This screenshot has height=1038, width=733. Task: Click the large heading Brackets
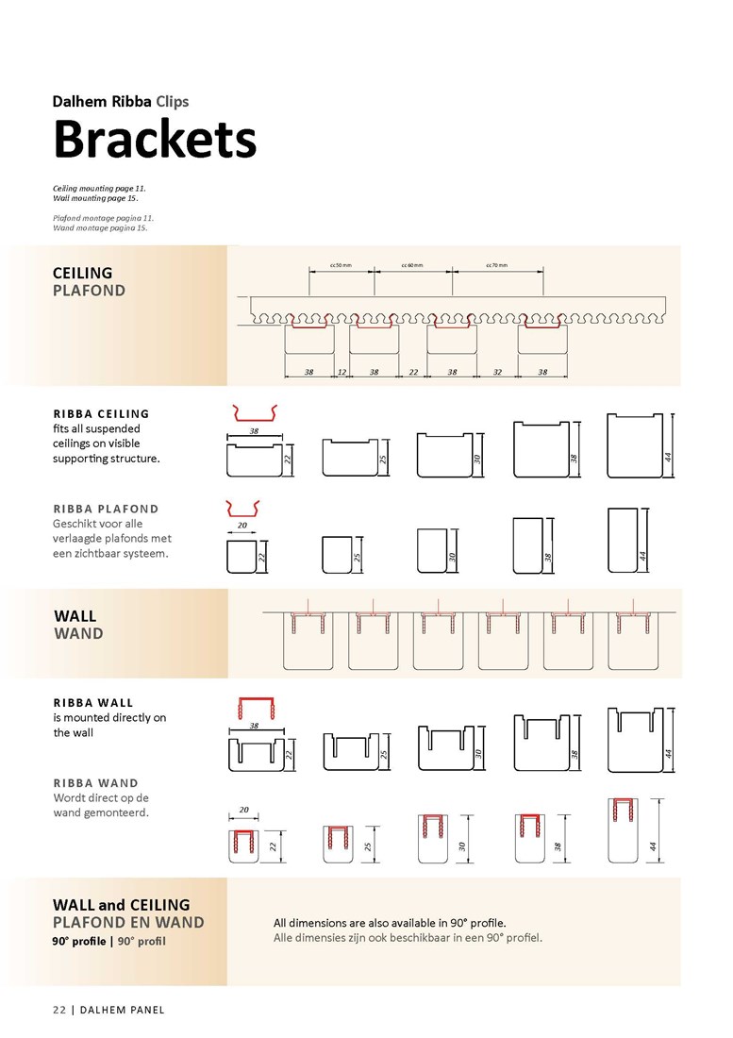(154, 139)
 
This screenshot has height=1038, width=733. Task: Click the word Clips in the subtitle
(173, 101)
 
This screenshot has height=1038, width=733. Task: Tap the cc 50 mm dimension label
(341, 265)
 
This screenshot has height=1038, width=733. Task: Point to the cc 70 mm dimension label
(497, 265)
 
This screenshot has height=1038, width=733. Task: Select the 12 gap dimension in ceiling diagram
(342, 372)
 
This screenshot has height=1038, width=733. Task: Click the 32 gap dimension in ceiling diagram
(497, 372)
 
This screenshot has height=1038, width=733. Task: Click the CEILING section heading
(83, 273)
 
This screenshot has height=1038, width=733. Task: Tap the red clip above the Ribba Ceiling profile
(255, 413)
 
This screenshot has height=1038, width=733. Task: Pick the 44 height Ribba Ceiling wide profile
(635, 445)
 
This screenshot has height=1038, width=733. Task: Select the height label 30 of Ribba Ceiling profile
(477, 458)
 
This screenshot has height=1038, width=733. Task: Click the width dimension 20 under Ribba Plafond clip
(242, 525)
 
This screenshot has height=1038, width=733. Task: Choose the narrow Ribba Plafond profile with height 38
(528, 545)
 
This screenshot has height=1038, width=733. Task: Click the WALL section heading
(75, 615)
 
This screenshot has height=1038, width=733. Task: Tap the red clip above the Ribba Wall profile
(256, 708)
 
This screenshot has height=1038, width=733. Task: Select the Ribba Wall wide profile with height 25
(351, 751)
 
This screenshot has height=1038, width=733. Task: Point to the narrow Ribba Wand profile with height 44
(623, 830)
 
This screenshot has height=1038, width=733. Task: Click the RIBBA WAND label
(96, 783)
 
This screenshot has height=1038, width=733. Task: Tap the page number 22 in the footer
(59, 1010)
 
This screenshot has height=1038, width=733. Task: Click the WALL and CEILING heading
(121, 905)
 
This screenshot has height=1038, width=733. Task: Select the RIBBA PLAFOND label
(106, 509)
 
